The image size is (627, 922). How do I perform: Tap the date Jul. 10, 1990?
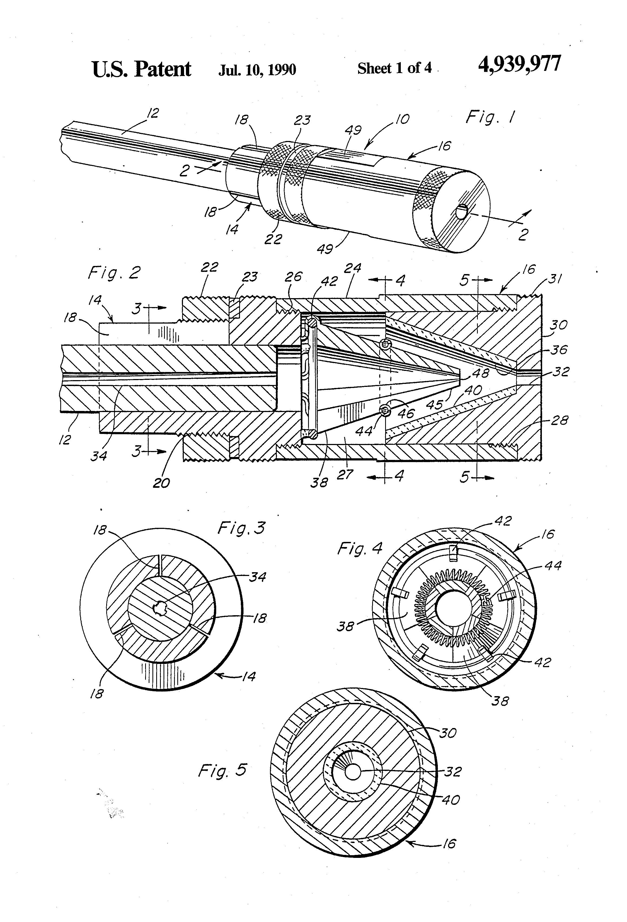tap(257, 70)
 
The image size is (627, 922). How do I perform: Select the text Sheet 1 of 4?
tap(394, 68)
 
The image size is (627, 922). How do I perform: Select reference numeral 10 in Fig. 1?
tap(402, 119)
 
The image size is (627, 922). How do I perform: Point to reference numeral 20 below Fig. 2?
tap(161, 483)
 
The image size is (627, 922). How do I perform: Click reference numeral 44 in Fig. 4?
tap(553, 565)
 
